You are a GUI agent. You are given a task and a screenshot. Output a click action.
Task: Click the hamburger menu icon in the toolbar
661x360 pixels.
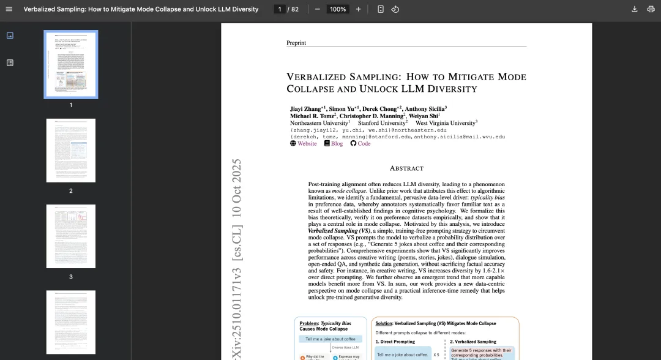tap(9, 9)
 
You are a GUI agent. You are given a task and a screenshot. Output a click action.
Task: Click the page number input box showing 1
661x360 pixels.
tap(280, 9)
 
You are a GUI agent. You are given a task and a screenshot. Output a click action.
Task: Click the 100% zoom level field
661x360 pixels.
tap(338, 9)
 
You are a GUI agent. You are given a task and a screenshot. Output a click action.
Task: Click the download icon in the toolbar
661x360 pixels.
tap(634, 9)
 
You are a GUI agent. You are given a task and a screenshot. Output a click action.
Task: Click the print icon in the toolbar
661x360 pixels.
tap(650, 9)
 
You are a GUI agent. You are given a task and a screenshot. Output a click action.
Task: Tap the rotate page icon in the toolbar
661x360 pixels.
tap(395, 9)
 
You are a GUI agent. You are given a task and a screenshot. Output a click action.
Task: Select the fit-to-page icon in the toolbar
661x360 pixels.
tap(381, 9)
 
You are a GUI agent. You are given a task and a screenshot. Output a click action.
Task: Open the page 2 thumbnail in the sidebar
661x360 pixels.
tap(71, 151)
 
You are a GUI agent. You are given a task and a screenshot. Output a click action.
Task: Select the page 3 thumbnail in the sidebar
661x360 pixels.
tap(71, 236)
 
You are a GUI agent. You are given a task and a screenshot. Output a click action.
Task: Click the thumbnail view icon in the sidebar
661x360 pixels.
tap(10, 36)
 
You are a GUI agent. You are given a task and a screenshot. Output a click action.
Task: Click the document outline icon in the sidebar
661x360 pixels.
tap(10, 62)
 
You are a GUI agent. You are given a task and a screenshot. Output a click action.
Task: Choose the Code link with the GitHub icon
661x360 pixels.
tap(364, 143)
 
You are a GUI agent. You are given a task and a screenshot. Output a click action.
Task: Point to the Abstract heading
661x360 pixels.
tap(406, 168)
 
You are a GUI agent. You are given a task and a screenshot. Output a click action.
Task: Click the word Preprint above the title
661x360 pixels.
tap(296, 43)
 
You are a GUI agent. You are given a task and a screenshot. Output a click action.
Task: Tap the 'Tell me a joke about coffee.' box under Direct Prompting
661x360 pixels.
tap(402, 354)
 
